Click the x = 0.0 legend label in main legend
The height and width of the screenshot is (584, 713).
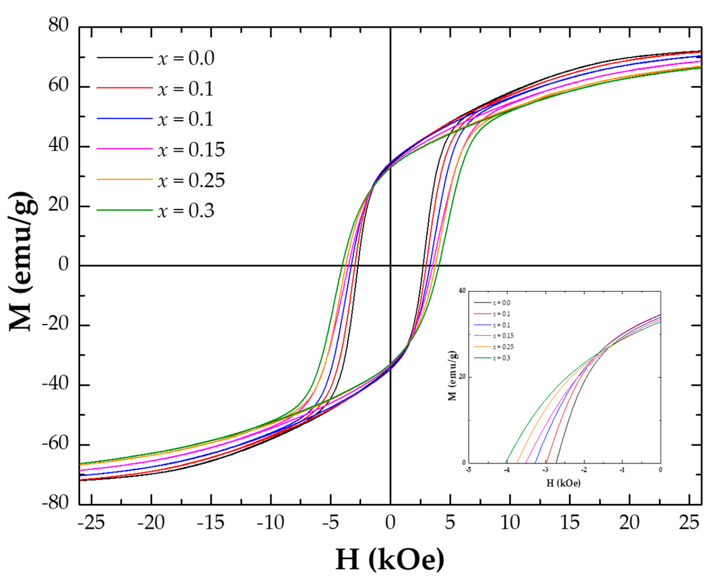coord(186,58)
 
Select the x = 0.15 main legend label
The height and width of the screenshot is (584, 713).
coord(191,149)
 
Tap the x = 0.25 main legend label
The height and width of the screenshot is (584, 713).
coord(191,180)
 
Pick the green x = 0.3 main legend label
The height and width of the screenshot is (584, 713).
coord(186,211)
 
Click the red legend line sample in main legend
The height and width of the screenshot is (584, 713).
coord(125,88)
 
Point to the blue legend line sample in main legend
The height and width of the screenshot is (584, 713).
coord(125,118)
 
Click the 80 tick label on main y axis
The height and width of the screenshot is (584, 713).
coord(58,25)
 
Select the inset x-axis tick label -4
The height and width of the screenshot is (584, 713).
coord(507,470)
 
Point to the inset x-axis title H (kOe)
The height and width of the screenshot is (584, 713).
coord(563,483)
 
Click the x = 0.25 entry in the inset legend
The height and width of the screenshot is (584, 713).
coord(503,347)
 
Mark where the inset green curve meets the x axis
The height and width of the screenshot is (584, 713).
coord(506,462)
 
